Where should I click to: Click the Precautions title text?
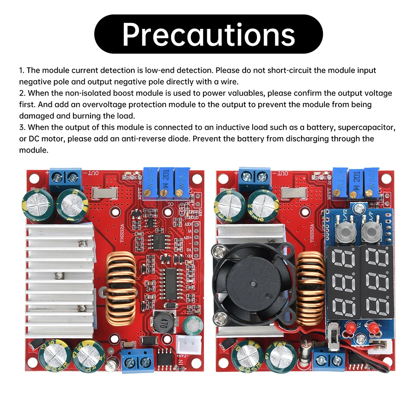pos(208,34)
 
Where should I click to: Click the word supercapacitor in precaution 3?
pos(363,128)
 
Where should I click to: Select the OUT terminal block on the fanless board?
pos(65,180)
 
